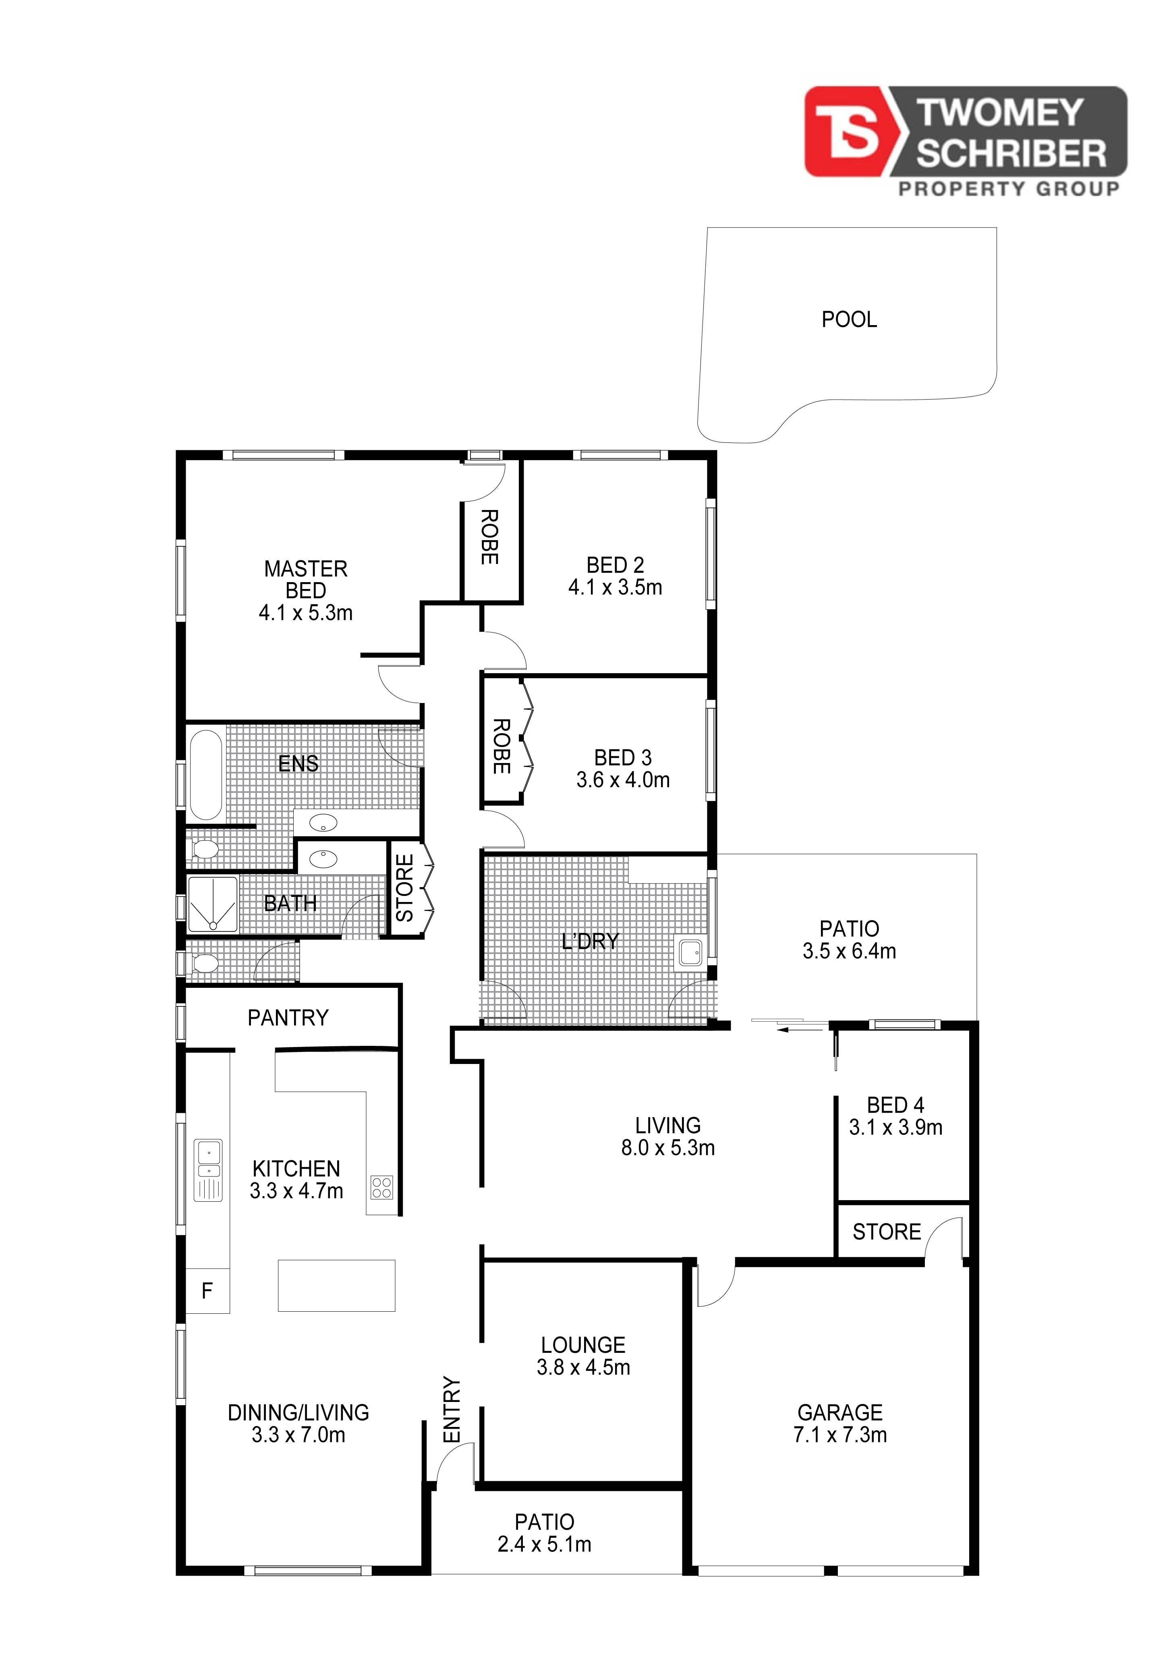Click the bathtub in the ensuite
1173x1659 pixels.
coord(206,775)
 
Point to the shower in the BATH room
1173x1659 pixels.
coord(212,904)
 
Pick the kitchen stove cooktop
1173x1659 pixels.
coord(382,1187)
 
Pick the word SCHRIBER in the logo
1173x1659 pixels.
coord(1011,154)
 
